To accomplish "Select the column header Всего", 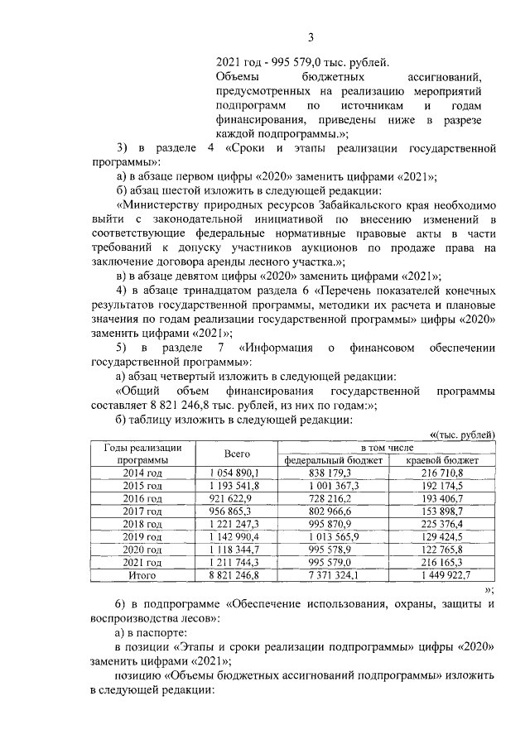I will coord(237,454).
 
